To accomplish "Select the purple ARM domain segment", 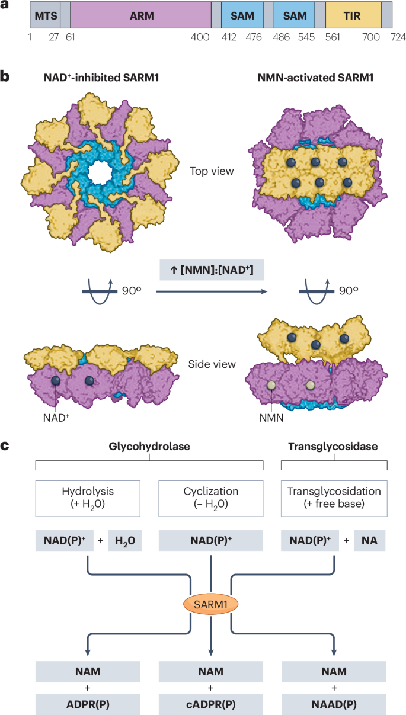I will [x=141, y=16].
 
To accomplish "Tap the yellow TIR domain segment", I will [x=353, y=16].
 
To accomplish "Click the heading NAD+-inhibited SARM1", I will [x=99, y=78].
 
